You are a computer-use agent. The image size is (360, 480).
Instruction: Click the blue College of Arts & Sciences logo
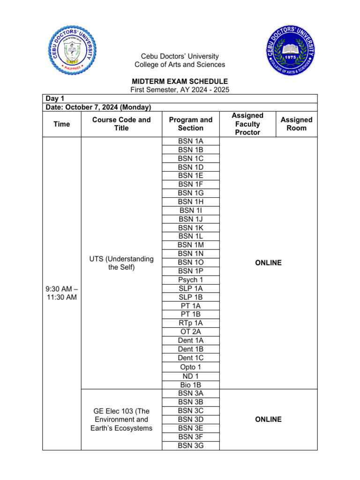[x=291, y=51]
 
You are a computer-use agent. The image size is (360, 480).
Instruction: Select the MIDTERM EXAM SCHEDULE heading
[x=180, y=81]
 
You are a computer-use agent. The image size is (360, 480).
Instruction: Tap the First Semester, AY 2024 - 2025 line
[x=180, y=90]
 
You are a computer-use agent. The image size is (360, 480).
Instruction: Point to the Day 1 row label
[x=55, y=98]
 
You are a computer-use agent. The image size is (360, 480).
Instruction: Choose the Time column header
[x=61, y=124]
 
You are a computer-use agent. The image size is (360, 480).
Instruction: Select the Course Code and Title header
[x=121, y=124]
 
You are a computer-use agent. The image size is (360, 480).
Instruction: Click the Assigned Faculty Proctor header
[x=247, y=124]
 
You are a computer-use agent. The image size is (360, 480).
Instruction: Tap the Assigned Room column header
[x=296, y=124]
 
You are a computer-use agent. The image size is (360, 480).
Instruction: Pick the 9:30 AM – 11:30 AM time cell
[x=61, y=292]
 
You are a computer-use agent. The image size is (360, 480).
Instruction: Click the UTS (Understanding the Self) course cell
[x=121, y=262]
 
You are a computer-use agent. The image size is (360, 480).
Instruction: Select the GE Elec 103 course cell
[x=121, y=419]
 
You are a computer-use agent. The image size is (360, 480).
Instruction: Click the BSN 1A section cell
[x=191, y=141]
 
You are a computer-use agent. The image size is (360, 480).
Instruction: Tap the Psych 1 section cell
[x=191, y=280]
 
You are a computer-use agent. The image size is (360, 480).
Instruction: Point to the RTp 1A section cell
[x=191, y=323]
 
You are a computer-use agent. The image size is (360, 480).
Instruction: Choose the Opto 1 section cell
[x=191, y=367]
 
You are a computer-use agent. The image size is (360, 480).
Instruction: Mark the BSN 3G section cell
[x=191, y=445]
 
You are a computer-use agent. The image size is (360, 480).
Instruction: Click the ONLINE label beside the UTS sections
[x=268, y=262]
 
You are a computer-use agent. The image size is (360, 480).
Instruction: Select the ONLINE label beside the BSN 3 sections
[x=268, y=419]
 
